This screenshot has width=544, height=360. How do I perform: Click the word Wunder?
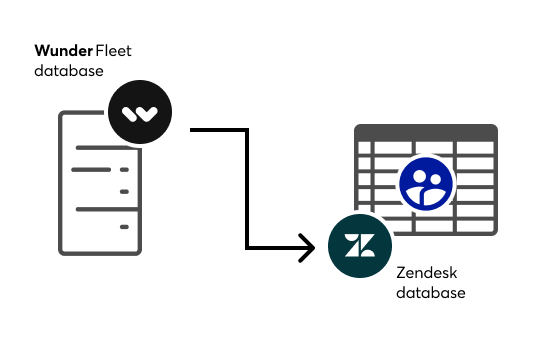point(64,49)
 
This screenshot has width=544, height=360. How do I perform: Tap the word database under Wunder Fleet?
point(68,71)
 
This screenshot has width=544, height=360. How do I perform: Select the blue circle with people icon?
point(426,183)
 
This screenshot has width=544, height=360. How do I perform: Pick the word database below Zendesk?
point(431,293)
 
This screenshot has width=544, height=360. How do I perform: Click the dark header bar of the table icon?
point(426,132)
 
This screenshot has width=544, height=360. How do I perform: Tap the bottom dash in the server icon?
point(125,228)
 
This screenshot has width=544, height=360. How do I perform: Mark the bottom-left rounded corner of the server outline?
point(64,248)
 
